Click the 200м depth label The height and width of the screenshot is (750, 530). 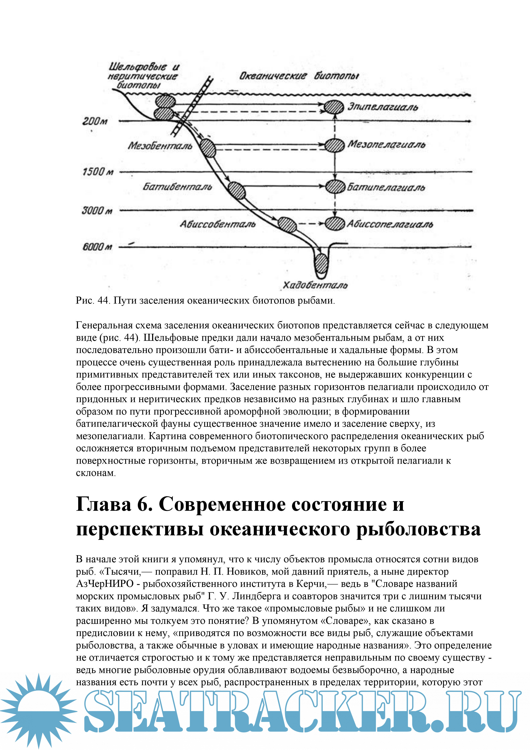click(94, 121)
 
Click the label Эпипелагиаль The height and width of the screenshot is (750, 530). click(382, 107)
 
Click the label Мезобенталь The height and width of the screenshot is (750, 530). click(160, 146)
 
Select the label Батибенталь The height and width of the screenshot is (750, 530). click(177, 187)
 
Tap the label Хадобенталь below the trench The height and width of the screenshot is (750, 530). click(315, 285)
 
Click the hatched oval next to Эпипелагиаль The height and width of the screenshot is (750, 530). click(333, 107)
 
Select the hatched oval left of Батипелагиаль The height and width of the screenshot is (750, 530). click(335, 187)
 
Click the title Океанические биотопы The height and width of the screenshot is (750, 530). click(299, 76)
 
